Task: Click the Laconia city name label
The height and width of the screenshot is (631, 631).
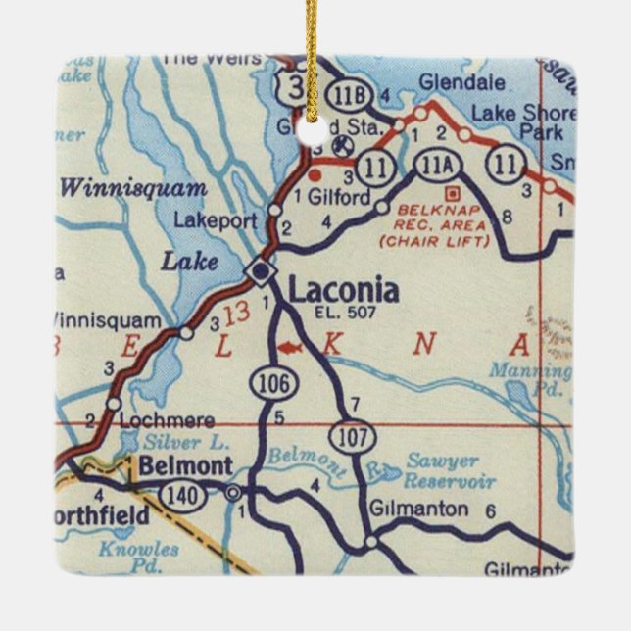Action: click(x=343, y=290)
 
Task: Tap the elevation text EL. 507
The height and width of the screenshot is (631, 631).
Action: click(x=339, y=314)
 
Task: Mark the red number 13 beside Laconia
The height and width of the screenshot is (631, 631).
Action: click(x=235, y=315)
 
